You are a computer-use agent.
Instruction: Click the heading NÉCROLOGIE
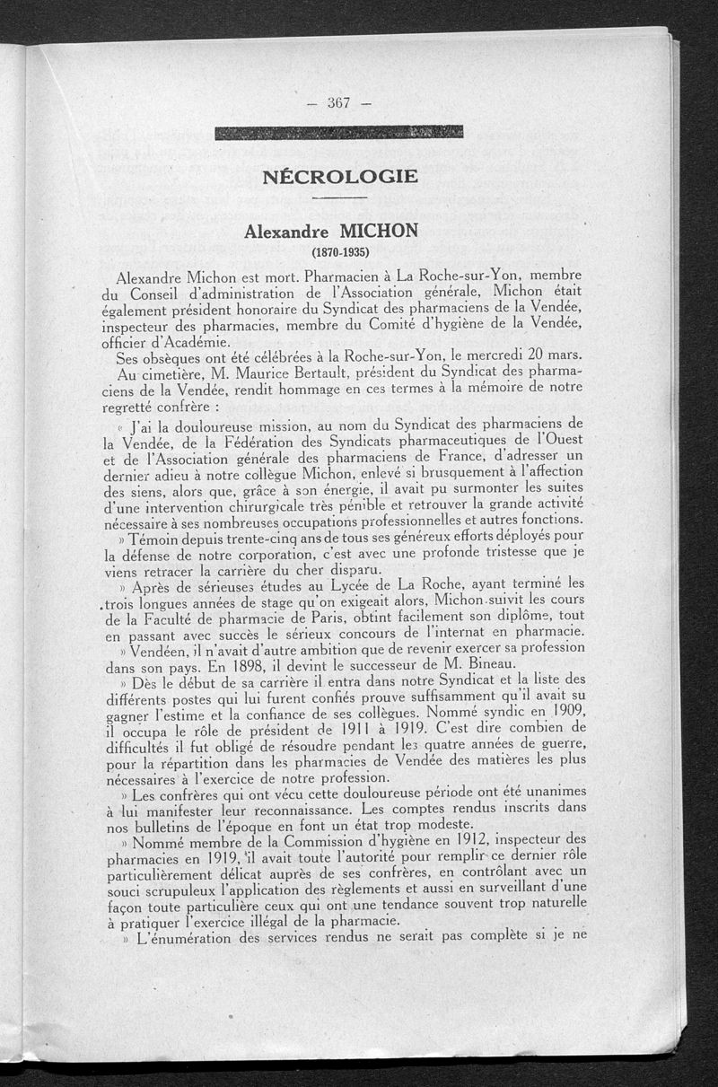coord(340,177)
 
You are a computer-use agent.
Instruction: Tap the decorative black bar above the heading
coord(339,132)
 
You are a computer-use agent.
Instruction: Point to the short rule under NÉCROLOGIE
coord(340,198)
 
